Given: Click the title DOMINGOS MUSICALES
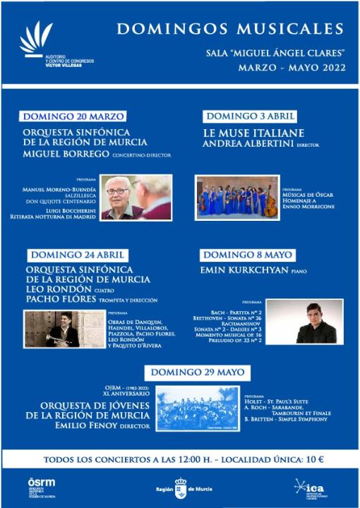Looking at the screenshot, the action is pos(230,29).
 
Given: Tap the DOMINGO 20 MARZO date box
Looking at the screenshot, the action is pos(73,116).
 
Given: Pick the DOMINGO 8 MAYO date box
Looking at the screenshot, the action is pos(247,255).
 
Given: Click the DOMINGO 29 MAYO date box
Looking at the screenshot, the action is pos(190,372).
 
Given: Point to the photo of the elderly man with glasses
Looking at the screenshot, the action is pos(136,197).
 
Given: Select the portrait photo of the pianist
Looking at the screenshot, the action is pos(304,321).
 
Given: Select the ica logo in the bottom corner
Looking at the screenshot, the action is pos(311,488).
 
